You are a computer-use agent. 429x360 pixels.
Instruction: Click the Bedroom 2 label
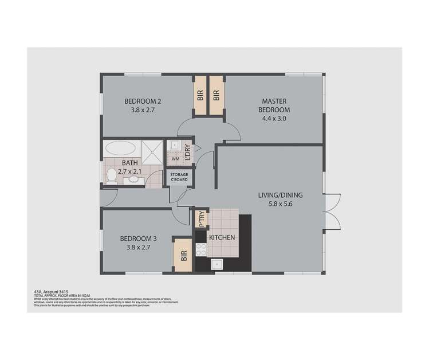tap(143, 101)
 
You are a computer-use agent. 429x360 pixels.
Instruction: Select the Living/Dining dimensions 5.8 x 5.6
tap(280, 204)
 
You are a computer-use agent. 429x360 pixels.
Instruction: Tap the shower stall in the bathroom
tap(152, 150)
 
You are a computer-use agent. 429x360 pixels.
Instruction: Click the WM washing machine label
tap(175, 158)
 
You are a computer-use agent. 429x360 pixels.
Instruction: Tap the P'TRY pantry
tap(200, 220)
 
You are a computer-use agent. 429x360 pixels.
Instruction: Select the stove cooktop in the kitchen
tap(201, 249)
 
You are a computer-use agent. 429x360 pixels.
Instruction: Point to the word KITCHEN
tap(221, 237)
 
